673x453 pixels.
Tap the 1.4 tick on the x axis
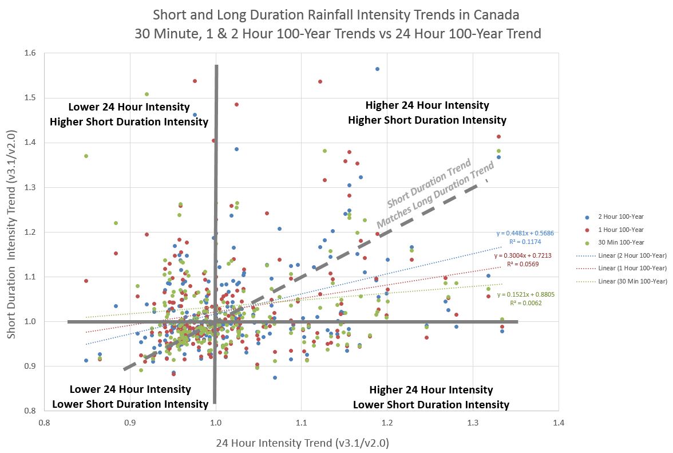(x=559, y=423)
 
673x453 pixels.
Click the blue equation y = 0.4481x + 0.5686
(x=525, y=234)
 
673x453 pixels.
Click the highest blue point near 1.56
(x=377, y=69)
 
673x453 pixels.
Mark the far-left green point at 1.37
(x=86, y=156)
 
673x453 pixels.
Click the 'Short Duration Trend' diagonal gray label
(x=428, y=184)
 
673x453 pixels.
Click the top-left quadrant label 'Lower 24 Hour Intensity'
(x=129, y=107)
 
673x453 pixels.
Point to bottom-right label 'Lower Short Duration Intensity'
(x=431, y=405)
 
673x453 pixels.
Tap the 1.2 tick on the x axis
(x=387, y=423)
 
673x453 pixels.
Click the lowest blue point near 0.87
(x=275, y=377)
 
